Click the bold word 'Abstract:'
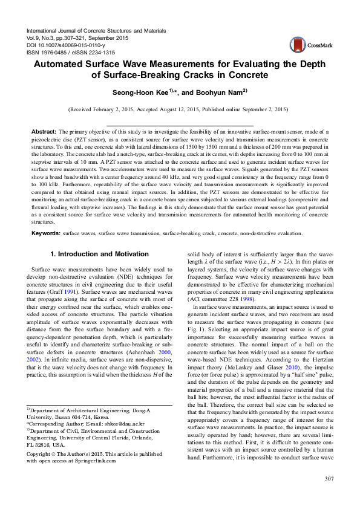point(44,131)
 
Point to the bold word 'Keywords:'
point(46,232)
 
